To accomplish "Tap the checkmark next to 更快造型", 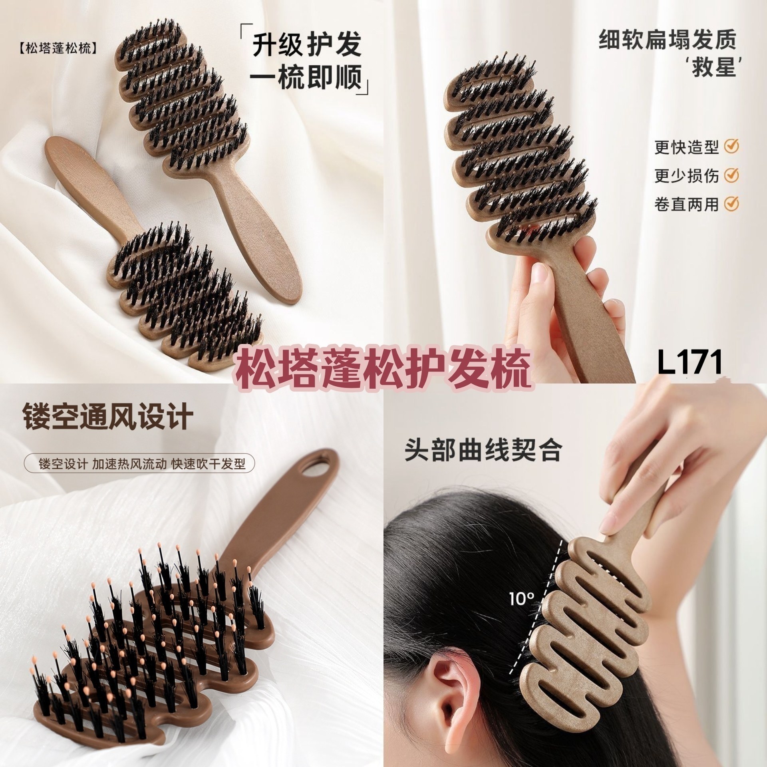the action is click(731, 147).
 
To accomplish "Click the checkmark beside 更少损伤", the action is click(731, 175).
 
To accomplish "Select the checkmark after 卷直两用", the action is click(731, 203).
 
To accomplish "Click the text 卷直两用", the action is click(686, 204).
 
